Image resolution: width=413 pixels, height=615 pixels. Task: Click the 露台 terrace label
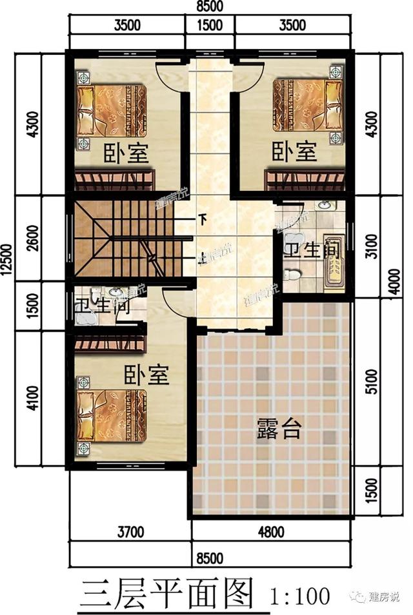tap(278, 427)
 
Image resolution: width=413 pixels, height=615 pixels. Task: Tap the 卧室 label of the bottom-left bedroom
tap(146, 375)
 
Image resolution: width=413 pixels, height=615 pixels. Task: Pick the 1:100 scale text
tap(297, 594)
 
